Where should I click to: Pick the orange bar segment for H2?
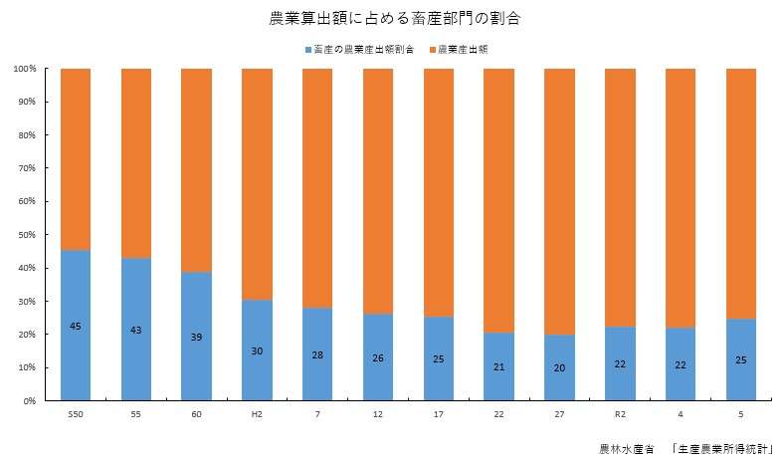click(x=257, y=184)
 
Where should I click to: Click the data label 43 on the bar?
click(x=136, y=330)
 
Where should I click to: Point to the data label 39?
click(x=197, y=337)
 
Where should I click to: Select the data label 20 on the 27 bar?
click(x=559, y=367)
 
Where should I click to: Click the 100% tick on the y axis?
click(x=25, y=69)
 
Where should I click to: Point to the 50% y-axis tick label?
click(x=27, y=235)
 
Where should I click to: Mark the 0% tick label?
click(x=30, y=401)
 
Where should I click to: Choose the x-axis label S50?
click(x=76, y=414)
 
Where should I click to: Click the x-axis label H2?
click(x=257, y=414)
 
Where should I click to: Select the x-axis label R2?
click(x=620, y=414)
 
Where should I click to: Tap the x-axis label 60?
click(x=197, y=414)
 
